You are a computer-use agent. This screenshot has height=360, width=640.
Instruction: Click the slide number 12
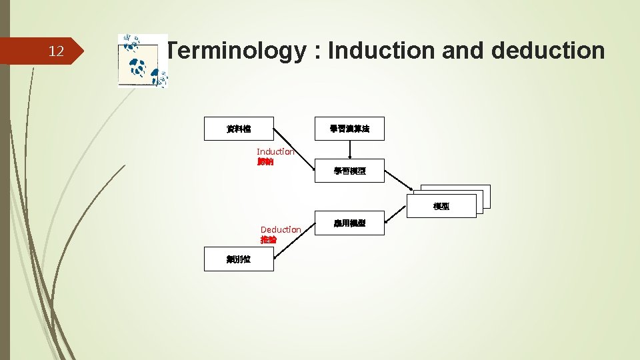coord(57,51)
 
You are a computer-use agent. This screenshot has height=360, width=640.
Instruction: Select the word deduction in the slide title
coord(551,51)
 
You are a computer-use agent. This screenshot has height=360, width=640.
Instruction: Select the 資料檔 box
coord(239,129)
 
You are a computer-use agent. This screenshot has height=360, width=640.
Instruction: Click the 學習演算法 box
coord(349,129)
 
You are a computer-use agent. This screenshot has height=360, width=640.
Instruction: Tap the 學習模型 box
coord(349,171)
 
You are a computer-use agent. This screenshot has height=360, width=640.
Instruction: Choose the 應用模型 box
coord(349,224)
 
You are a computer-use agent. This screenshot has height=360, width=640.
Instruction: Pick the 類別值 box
coord(238,259)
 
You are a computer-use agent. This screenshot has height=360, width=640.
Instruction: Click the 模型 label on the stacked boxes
coord(441,207)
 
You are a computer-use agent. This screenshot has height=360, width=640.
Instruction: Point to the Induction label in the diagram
coord(275,152)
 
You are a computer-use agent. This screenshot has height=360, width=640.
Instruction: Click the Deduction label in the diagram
coord(281,229)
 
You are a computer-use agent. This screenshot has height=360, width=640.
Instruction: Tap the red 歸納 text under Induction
coord(265,162)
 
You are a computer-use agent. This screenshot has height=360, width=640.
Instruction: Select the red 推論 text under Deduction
coord(269,239)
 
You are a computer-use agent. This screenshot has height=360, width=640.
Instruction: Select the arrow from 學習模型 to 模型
coord(403,180)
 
